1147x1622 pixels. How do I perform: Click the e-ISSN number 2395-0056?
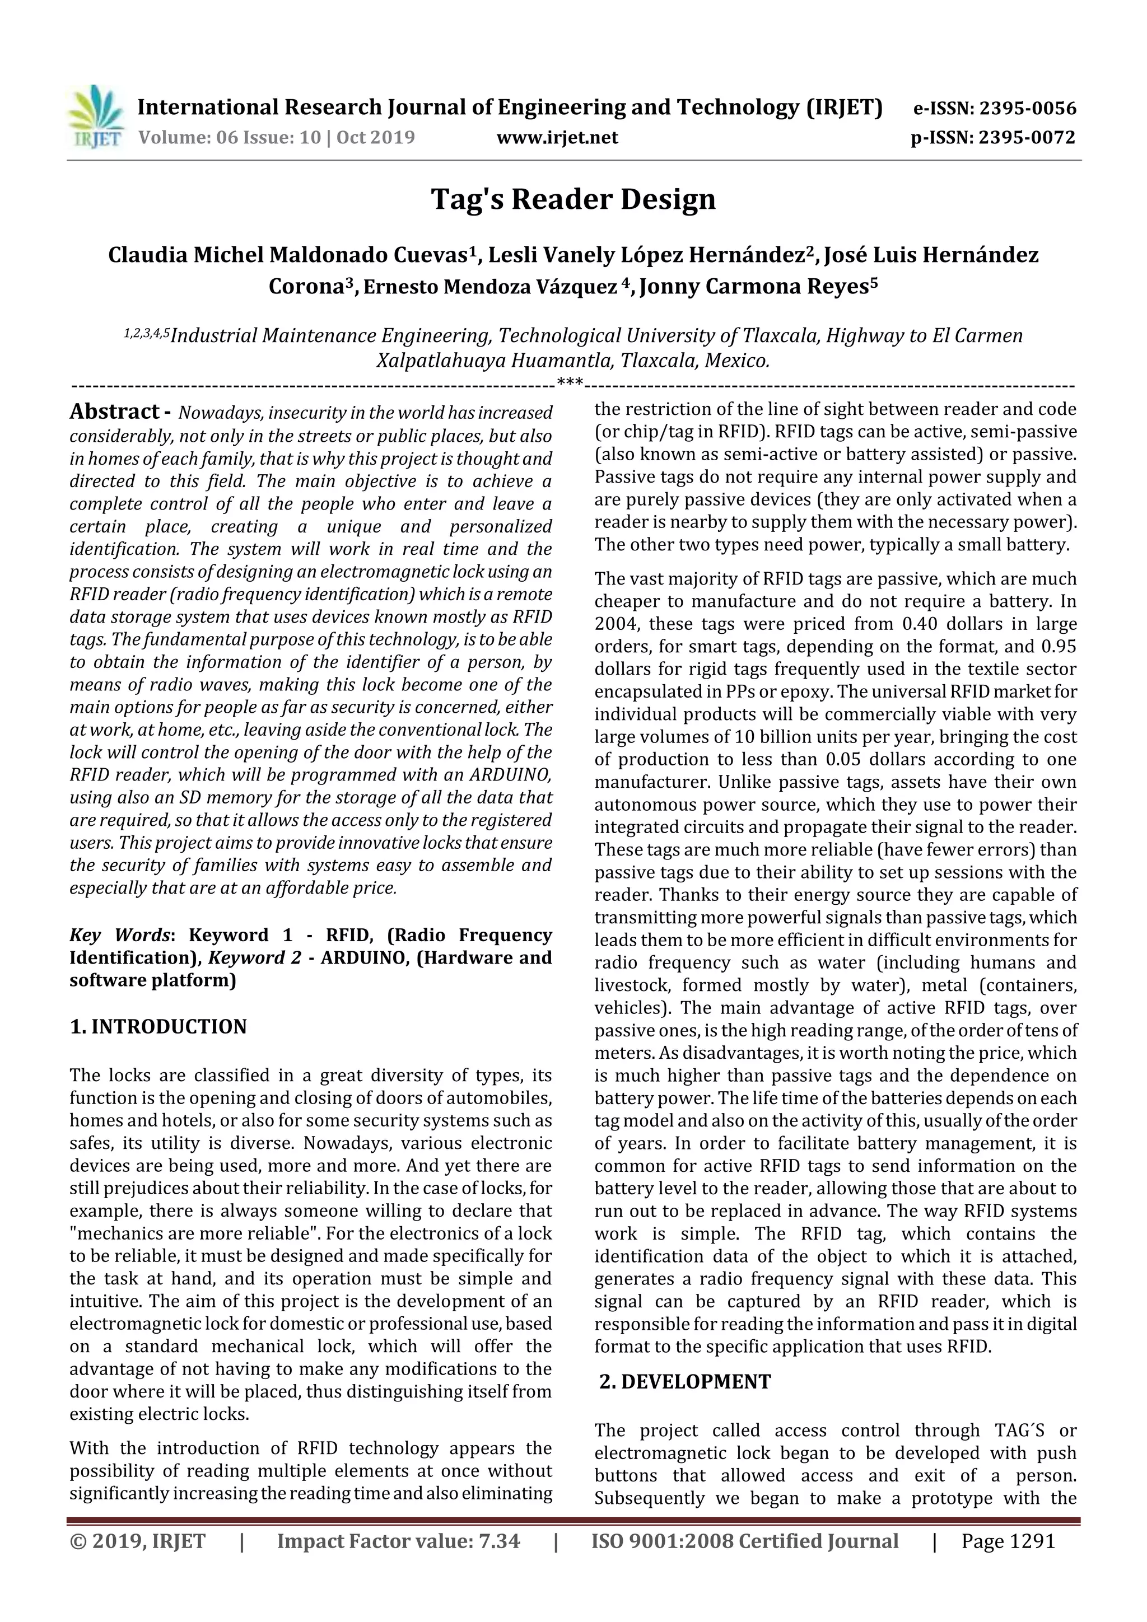1028,109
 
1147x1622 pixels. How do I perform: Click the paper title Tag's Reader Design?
573,199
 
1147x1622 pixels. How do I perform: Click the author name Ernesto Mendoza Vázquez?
489,287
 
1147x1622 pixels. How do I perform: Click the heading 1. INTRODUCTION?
158,1026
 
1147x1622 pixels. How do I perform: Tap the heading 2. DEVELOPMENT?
685,1381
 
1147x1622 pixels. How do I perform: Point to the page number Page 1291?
1008,1541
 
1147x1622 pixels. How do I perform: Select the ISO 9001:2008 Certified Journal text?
744,1541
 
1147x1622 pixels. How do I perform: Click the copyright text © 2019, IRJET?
138,1541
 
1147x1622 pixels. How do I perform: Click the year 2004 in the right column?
616,624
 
